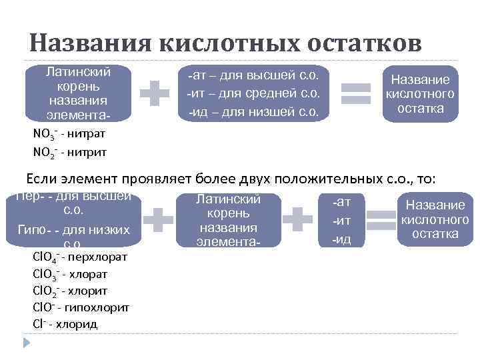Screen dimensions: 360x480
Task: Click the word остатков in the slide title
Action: pos(365,43)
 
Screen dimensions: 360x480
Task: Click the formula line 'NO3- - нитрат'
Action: pos(69,133)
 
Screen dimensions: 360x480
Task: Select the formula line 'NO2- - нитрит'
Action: pos(69,152)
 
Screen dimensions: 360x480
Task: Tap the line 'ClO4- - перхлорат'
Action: pos(79,257)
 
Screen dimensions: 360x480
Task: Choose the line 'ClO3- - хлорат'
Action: pos(69,274)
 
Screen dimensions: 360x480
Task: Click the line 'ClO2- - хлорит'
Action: pos(69,291)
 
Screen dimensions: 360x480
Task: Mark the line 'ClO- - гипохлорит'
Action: pos(81,307)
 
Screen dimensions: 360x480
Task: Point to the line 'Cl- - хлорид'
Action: pos(65,324)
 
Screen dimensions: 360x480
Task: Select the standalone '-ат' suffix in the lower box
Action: pos(342,201)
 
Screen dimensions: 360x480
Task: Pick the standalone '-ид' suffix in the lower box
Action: pos(342,239)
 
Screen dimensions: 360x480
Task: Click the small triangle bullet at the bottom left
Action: pos(27,342)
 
